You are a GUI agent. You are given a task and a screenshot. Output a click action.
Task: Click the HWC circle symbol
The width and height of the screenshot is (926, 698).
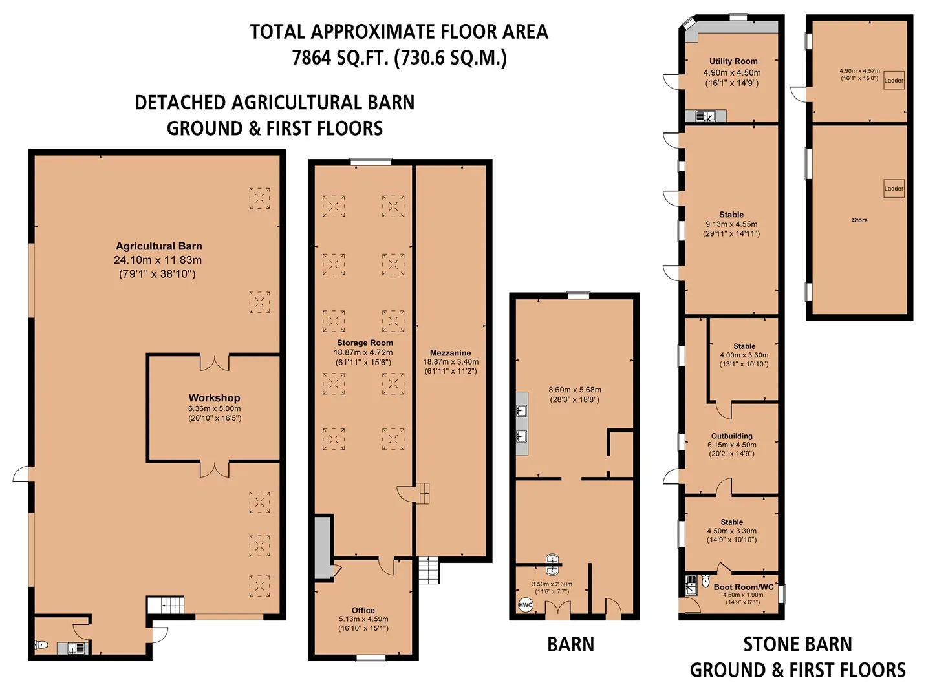tap(525, 606)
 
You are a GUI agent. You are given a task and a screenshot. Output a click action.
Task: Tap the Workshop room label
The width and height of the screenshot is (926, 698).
tap(214, 397)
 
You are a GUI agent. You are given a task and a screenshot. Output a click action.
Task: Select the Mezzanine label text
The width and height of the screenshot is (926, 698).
tap(451, 353)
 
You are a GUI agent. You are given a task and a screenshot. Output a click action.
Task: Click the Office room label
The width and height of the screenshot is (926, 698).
tap(363, 610)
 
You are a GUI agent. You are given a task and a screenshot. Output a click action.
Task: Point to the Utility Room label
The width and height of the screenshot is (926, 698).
tap(733, 61)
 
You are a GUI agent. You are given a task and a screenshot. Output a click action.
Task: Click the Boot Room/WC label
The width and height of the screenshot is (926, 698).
tap(744, 587)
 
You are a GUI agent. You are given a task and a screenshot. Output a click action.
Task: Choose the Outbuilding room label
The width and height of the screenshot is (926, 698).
tap(731, 436)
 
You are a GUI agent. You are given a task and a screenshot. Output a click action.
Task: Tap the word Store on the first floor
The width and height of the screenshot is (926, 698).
tap(859, 220)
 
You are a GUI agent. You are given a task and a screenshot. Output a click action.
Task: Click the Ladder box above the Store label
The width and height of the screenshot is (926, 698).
tap(894, 189)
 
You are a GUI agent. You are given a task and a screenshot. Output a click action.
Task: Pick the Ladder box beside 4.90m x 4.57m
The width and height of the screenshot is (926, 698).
tap(894, 80)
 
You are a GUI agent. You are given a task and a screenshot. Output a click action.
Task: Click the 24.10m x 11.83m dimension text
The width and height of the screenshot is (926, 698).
tap(158, 260)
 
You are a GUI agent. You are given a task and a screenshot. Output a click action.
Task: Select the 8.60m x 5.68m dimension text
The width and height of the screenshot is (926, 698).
tap(575, 390)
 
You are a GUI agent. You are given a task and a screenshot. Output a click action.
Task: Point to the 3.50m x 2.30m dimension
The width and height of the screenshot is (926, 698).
tap(552, 584)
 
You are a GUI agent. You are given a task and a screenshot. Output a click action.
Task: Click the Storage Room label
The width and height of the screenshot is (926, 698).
tap(365, 343)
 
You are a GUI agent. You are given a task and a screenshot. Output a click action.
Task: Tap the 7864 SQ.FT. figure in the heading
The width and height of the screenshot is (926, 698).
tap(340, 58)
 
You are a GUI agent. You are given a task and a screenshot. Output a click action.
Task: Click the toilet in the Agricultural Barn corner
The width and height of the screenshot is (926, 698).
tap(41, 645)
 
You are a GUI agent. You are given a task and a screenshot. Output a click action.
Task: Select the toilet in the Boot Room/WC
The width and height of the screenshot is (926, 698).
tap(705, 581)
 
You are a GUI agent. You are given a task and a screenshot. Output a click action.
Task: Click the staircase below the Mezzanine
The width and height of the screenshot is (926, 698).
tap(429, 570)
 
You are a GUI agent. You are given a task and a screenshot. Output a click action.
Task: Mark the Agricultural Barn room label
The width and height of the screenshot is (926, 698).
tap(159, 246)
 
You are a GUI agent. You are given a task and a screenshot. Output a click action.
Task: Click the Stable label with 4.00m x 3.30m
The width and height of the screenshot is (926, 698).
tap(744, 346)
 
